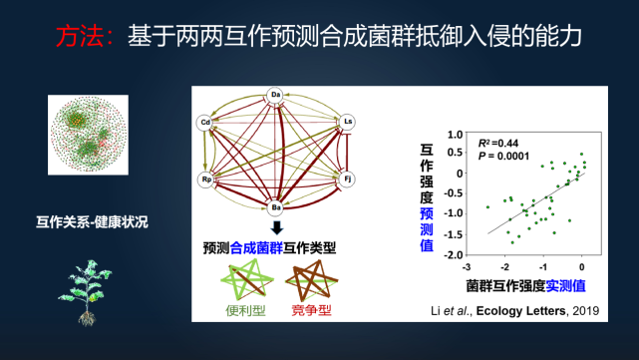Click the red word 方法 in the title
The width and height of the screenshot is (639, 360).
click(81, 37)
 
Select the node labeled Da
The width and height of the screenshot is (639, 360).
click(276, 96)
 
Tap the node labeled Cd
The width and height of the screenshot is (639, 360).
click(205, 124)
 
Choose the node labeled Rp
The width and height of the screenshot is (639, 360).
click(206, 180)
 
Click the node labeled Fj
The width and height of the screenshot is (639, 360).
click(348, 180)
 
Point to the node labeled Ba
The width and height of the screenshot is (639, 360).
click(276, 206)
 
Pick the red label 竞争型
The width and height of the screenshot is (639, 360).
click(310, 310)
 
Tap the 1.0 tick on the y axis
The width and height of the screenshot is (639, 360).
click(454, 132)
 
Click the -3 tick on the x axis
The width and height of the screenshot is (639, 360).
click(467, 266)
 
